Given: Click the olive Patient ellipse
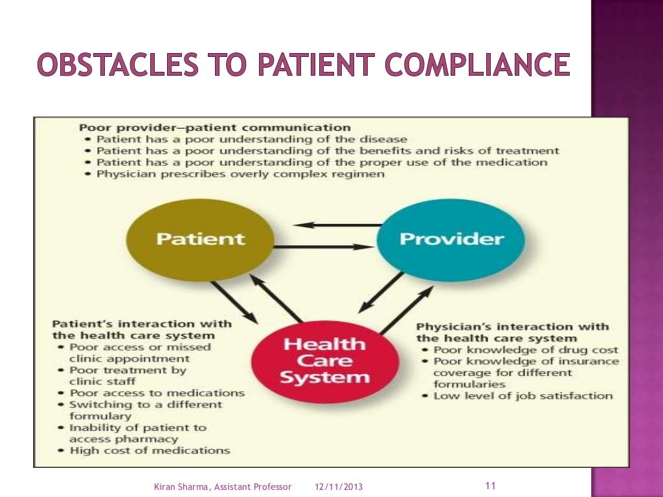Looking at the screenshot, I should tap(200, 239).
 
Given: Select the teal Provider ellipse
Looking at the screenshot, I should tap(451, 239).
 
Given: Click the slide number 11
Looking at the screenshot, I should tap(489, 485).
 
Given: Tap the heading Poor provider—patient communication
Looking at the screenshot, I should tap(214, 127).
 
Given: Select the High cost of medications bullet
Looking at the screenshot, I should tap(150, 450).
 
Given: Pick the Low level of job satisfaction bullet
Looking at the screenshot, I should tap(523, 395).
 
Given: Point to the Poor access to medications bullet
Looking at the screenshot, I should tap(157, 393).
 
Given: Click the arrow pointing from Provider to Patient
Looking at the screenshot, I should tap(337, 225).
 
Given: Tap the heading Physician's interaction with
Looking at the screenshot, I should tap(512, 326).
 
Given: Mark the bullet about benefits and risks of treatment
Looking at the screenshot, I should tap(328, 151).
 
